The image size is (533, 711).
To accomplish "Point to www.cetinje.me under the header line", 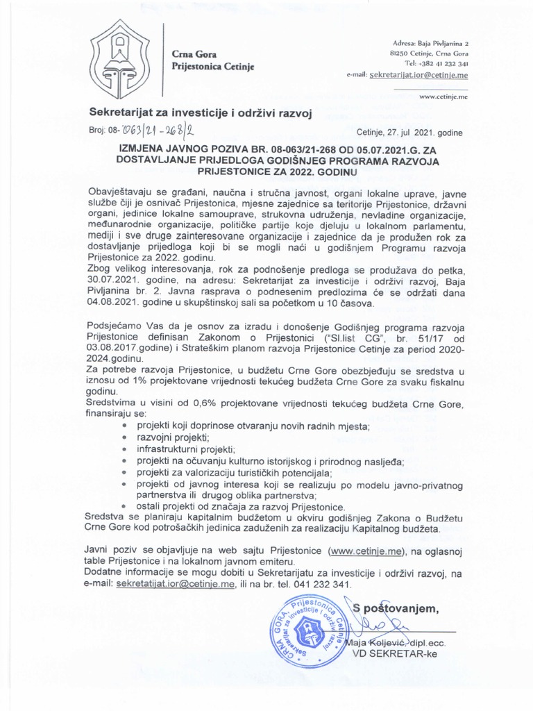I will tap(443, 98).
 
